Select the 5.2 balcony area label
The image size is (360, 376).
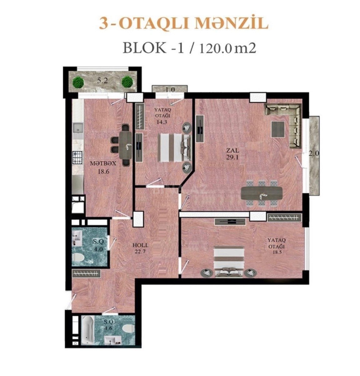click(x=102, y=81)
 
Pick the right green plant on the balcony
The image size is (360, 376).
click(x=127, y=82)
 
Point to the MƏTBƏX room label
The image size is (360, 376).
click(x=103, y=164)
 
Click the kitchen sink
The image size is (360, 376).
click(x=78, y=128)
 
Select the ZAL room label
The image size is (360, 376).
click(x=232, y=150)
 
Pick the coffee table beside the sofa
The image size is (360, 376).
click(x=278, y=129)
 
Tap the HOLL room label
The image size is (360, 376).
click(x=141, y=245)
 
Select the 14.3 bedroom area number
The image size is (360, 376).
click(x=162, y=122)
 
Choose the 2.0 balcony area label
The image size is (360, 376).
click(x=314, y=154)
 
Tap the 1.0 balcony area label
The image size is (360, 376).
click(x=170, y=90)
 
